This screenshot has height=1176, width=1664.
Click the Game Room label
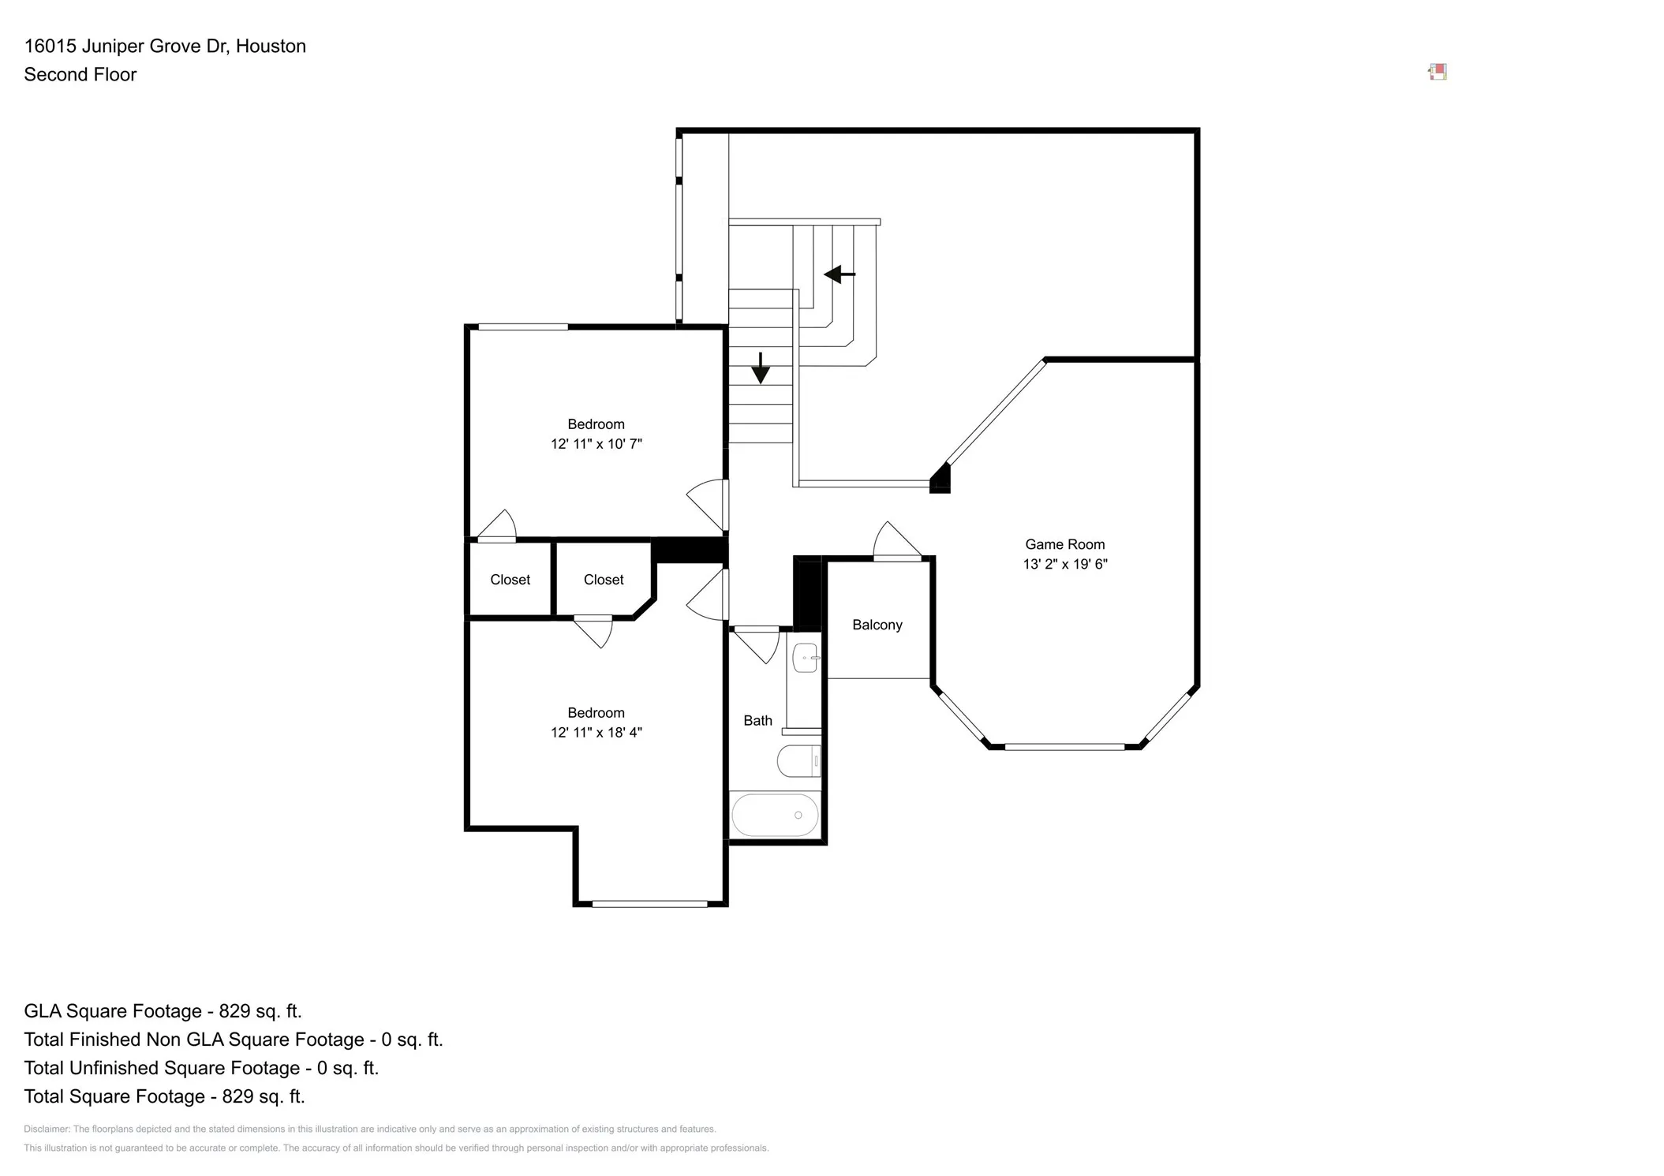pos(1064,544)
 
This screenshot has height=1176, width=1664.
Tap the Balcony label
pos(877,625)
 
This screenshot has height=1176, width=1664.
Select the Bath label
pos(757,720)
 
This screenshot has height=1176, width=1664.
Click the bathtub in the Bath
pos(775,815)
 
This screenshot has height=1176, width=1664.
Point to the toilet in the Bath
pos(798,761)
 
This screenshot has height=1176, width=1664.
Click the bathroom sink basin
pos(806,658)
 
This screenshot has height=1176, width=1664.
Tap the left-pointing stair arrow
pos(839,274)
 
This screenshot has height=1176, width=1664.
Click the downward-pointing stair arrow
pos(761,368)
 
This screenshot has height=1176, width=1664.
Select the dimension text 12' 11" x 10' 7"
pos(596,444)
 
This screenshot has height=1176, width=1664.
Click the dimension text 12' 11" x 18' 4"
pos(596,733)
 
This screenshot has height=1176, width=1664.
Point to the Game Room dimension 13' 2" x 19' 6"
pos(1065,564)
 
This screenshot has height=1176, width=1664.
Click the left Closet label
pos(510,580)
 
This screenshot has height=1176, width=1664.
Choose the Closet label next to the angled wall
pos(604,580)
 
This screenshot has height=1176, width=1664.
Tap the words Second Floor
pos(80,74)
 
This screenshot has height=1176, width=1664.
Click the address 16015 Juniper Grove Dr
pos(127,46)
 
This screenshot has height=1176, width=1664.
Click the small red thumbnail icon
pos(1438,73)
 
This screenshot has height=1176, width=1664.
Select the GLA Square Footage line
pos(163,1011)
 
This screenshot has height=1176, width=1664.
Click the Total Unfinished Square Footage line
pos(201,1068)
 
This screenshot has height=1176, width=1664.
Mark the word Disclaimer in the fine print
pos(46,1129)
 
